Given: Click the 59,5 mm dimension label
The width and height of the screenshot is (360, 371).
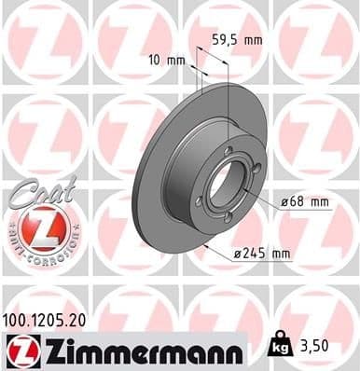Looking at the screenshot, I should coord(236,40).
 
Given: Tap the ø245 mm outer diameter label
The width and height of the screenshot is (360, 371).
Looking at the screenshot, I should coord(265,253).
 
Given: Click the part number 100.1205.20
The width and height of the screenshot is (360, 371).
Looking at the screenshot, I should coord(52,319).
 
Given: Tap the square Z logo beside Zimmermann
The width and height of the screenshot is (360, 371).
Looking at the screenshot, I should coord(20,350).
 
